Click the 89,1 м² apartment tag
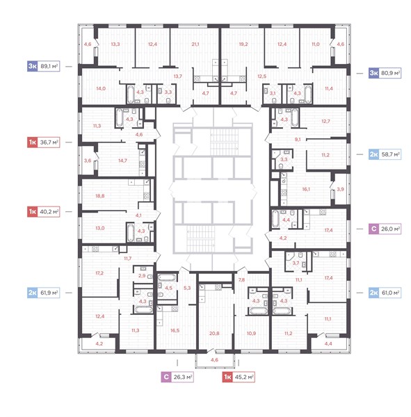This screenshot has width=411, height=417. coord(43,66)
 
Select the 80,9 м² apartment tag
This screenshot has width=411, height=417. coord(385,73)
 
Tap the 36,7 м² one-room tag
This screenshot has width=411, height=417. coord(43,142)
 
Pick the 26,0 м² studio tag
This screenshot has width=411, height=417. coord(385,229)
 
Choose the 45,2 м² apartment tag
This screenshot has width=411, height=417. coord(239,377)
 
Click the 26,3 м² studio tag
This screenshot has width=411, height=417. coord(177,377)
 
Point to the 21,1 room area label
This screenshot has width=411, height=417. coord(195,44)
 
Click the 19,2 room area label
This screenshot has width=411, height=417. coord(243,44)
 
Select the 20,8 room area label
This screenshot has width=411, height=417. coord(214,333)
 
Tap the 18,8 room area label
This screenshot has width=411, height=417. coord(100,196)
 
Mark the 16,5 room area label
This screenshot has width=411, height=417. coord(175,331)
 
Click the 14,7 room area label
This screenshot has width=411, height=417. coord(122,161)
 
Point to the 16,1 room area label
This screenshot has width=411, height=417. coord(306,189)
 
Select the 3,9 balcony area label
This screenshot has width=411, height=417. coord(341,189)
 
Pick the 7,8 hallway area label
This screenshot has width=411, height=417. coord(241,280)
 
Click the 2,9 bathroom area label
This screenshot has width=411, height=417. coord(142,276)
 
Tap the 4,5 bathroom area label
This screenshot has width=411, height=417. coord(169,288)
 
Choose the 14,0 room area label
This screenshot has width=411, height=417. coord(101,88)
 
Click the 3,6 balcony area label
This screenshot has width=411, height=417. coord(88,161)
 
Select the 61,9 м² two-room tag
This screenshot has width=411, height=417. coord(43,293)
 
